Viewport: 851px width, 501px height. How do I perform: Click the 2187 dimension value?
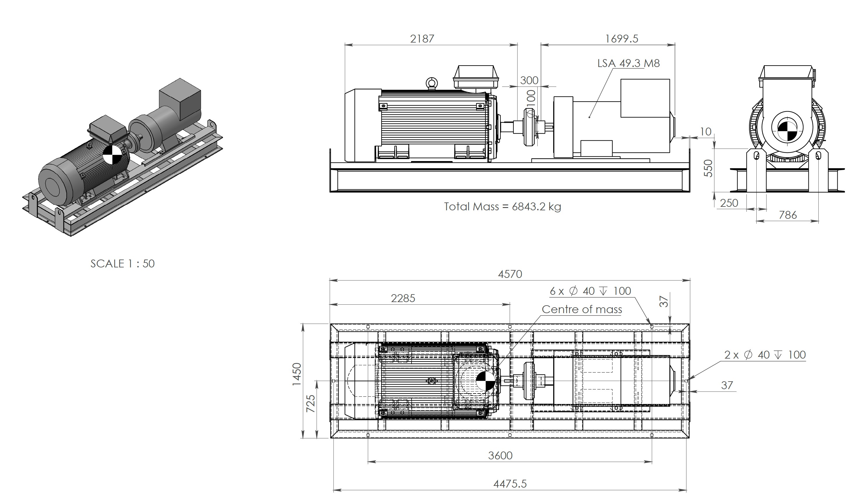[422, 39]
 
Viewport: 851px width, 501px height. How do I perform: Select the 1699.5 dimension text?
[622, 39]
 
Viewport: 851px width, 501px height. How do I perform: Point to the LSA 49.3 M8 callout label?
[628, 63]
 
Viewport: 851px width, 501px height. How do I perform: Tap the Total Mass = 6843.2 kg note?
[502, 207]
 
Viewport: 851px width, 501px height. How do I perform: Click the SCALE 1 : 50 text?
[122, 264]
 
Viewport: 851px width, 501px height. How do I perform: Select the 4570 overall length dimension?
[510, 274]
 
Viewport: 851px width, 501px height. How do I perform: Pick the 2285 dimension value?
[403, 298]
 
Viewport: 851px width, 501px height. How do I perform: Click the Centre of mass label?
[582, 309]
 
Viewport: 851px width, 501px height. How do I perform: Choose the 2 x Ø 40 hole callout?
[765, 355]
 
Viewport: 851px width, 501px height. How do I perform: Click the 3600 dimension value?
[500, 456]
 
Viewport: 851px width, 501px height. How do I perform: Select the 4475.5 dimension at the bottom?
[510, 484]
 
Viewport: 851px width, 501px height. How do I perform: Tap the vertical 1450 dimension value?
[296, 374]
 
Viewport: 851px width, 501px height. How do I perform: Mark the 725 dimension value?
[310, 403]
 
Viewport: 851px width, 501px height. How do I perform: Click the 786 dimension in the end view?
[788, 215]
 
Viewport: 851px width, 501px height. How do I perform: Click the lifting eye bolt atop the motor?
[432, 83]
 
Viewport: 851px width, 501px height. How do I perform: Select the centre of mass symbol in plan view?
[485, 381]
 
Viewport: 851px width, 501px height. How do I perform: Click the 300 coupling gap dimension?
[529, 80]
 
